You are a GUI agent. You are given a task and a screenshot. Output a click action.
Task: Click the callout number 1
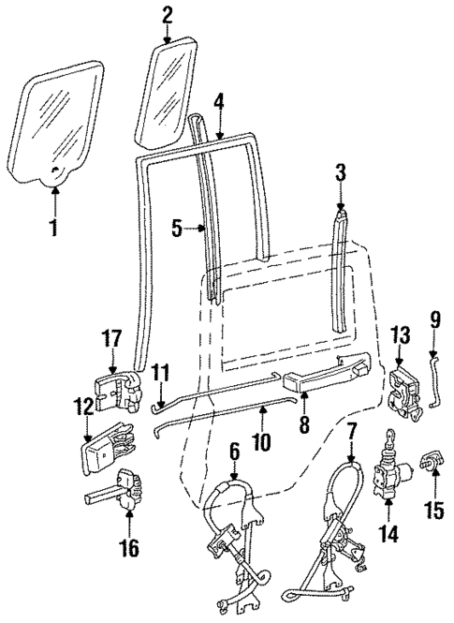53,227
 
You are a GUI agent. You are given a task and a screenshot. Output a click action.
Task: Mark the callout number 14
388,535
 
